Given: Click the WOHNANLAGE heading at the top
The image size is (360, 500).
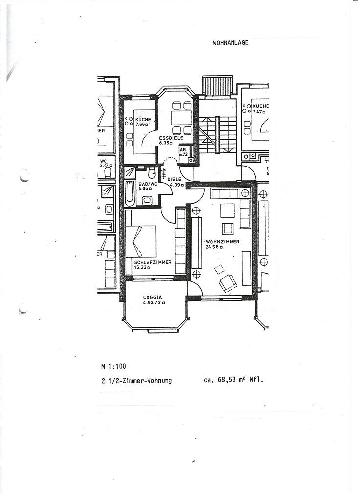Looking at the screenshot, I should (231, 42).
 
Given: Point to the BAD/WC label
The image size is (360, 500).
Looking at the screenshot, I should (146, 184).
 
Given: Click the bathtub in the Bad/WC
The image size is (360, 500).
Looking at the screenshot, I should (130, 193).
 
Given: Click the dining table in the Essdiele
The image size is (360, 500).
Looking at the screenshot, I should (182, 118).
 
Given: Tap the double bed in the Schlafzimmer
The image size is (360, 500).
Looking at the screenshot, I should (141, 241).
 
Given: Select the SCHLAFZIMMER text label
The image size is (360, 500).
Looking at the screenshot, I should (152, 262).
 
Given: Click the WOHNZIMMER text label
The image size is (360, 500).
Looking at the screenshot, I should (222, 242).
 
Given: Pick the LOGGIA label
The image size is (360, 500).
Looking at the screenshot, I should (152, 297).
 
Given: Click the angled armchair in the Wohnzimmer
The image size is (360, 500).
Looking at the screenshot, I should (228, 283).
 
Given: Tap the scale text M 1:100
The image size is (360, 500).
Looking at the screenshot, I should (113, 366).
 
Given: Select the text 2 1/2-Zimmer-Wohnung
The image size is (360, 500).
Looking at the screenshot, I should (136, 381).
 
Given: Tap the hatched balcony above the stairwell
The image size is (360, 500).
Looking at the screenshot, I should (217, 85).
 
